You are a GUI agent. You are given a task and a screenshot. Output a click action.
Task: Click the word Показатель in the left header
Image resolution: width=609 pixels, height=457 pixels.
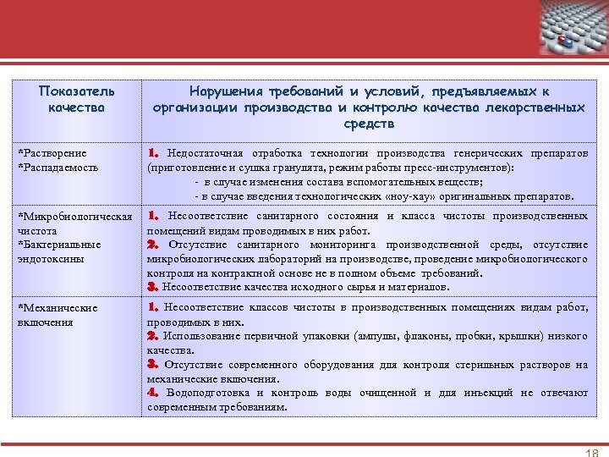click(77, 91)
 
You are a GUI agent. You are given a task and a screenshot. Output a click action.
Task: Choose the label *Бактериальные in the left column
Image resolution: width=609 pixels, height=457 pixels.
click(58, 245)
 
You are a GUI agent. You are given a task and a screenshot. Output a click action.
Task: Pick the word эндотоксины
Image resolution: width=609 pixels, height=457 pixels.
click(50, 258)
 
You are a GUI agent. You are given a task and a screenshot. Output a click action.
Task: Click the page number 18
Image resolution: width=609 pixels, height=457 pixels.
click(591, 451)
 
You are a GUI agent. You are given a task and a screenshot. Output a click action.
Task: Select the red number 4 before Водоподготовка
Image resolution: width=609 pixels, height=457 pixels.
click(153, 393)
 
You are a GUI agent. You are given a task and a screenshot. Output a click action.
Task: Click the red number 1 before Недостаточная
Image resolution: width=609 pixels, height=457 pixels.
click(153, 153)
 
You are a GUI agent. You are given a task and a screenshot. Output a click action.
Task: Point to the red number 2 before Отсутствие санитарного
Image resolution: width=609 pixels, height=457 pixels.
click(153, 245)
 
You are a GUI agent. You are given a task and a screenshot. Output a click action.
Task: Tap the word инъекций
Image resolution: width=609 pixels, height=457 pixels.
click(489, 393)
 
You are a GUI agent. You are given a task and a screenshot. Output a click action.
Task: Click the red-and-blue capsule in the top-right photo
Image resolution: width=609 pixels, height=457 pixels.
click(564, 41)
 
